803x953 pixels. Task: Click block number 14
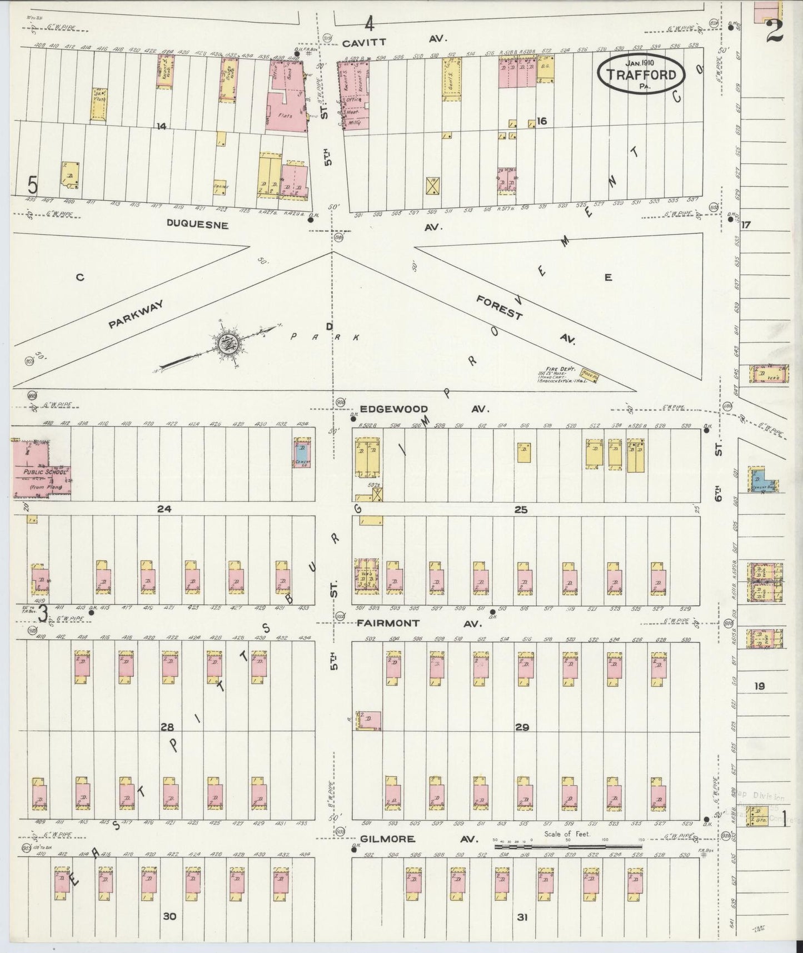(161, 126)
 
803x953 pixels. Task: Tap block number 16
(542, 121)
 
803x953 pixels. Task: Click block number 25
(521, 509)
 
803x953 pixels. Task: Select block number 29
(522, 727)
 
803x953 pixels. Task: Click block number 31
(522, 917)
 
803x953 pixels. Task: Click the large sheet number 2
(774, 31)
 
